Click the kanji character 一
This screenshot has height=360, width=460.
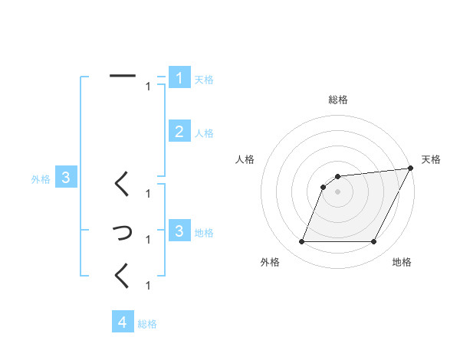point(123,76)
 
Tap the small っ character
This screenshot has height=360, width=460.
point(123,231)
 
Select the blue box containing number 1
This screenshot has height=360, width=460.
point(179,78)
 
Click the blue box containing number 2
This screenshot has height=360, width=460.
point(179,132)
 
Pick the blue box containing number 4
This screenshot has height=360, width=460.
point(123,322)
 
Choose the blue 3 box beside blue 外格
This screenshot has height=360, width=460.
point(66,178)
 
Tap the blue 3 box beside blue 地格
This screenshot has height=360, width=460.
point(179,231)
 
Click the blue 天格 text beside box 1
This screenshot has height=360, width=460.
point(204,79)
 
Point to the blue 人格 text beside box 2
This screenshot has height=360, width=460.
point(204,133)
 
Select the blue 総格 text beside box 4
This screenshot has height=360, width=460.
point(147,323)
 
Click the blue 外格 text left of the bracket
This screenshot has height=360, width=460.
point(41,179)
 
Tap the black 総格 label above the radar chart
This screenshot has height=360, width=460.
point(338,100)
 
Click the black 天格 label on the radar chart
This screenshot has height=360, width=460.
point(431,159)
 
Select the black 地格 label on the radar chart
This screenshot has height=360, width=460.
point(402,263)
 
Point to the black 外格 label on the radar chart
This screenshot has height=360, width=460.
point(270,263)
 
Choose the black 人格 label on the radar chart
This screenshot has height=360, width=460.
point(245,159)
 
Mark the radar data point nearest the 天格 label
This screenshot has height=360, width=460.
point(410,169)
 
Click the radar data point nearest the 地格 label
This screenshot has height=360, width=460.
point(374,242)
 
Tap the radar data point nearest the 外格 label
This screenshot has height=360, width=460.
point(301,242)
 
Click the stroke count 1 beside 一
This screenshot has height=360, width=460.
point(148,87)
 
